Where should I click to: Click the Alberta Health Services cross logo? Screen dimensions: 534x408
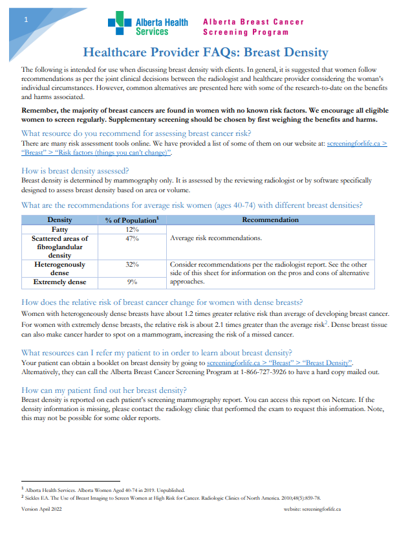pyautogui.click(x=118, y=26)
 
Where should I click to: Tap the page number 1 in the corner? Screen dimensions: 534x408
pyautogui.click(x=25, y=19)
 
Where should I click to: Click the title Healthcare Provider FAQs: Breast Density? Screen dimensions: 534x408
pyautogui.click(x=206, y=52)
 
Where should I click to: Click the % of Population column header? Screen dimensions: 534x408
pyautogui.click(x=131, y=220)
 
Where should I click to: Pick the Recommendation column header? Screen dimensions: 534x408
pyautogui.click(x=270, y=220)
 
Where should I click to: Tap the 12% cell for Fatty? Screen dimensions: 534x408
pyautogui.click(x=131, y=229)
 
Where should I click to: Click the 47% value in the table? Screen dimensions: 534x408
pyautogui.click(x=131, y=238)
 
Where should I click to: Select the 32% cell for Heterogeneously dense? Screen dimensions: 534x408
pyautogui.click(x=131, y=264)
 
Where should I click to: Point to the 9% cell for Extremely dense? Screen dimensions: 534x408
pyautogui.click(x=131, y=282)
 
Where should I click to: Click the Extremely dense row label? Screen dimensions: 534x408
pyautogui.click(x=60, y=282)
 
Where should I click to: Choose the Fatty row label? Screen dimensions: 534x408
pyautogui.click(x=60, y=229)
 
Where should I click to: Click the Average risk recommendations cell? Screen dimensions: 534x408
pyautogui.click(x=215, y=238)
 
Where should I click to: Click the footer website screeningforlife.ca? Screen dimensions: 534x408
pyautogui.click(x=312, y=509)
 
